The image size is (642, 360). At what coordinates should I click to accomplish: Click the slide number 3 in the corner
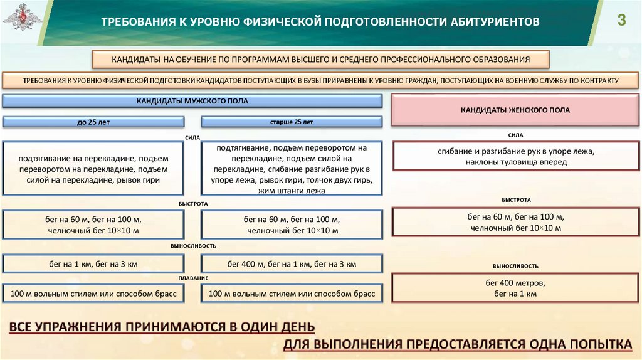point(621,20)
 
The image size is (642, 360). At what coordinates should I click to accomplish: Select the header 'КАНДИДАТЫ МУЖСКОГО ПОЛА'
point(192,101)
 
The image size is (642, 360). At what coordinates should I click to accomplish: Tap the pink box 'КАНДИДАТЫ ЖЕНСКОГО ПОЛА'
point(515,110)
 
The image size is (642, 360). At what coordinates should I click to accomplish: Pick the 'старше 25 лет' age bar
point(291,122)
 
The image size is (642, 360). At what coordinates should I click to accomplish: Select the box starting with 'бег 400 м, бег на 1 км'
point(291,263)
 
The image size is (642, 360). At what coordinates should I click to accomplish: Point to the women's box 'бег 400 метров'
point(515,288)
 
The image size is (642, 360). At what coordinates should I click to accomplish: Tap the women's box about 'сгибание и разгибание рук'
point(515,156)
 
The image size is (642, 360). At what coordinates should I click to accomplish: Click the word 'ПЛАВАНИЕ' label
point(192,277)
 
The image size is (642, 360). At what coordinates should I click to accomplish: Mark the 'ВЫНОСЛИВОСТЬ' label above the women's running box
point(515,266)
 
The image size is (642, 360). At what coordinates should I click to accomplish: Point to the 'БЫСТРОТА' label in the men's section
point(192,204)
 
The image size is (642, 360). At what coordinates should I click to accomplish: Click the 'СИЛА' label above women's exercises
point(515,135)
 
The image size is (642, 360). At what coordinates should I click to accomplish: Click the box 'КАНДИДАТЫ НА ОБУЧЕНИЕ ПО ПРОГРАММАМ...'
point(321,60)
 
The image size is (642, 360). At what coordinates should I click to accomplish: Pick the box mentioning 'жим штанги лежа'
point(291,169)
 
